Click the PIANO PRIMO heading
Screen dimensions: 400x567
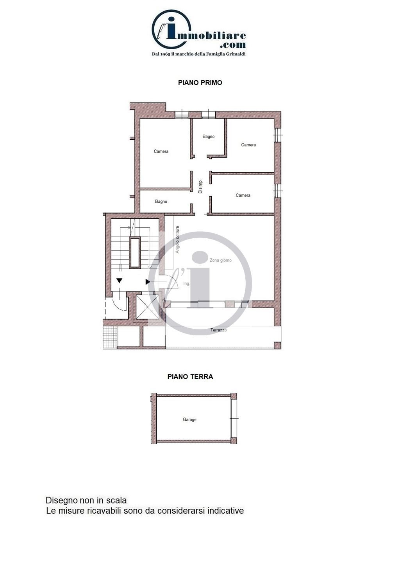[x=200, y=83]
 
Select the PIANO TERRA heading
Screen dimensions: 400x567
[x=190, y=376]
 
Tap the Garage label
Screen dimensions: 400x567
[x=189, y=419]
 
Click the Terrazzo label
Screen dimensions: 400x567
[x=218, y=330]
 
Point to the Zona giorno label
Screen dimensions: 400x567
[x=221, y=260]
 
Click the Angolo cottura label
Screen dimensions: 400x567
[x=177, y=239]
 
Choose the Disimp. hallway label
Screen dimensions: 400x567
[x=200, y=187]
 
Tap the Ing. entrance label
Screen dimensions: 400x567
[x=186, y=283]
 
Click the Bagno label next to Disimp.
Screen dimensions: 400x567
[x=161, y=202]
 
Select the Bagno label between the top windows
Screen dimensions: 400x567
[x=209, y=137]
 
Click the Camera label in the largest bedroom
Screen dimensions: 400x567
[x=161, y=151]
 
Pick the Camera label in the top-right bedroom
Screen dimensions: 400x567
[x=248, y=145]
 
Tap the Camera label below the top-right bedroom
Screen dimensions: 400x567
[x=243, y=195]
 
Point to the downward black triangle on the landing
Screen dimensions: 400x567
[x=120, y=281]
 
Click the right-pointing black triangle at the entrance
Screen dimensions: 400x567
[x=148, y=282]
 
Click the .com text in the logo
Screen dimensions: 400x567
[x=233, y=45]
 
